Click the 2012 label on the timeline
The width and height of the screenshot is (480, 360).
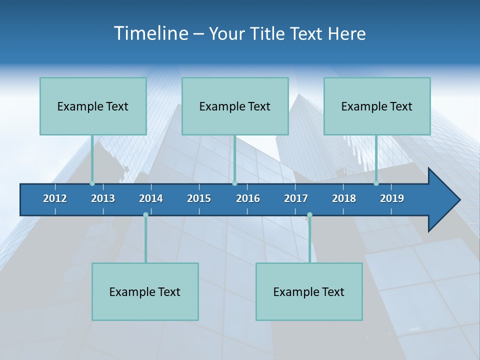click(x=55, y=198)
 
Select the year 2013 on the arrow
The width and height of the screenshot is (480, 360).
click(x=103, y=198)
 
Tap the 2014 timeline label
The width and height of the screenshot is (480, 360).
click(x=151, y=198)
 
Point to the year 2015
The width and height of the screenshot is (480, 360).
click(x=199, y=198)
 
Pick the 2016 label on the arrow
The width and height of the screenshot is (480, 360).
click(x=248, y=198)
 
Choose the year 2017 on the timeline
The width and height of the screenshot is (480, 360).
click(x=296, y=198)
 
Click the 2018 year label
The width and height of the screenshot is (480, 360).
click(x=344, y=198)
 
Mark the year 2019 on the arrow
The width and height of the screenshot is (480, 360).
click(x=392, y=198)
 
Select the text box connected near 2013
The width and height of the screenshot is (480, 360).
click(x=93, y=106)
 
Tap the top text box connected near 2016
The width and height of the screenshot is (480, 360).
click(x=235, y=106)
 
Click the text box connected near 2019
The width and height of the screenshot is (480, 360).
click(x=377, y=106)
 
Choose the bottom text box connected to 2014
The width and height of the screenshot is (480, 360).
click(x=145, y=291)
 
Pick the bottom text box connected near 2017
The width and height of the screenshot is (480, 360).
click(x=309, y=291)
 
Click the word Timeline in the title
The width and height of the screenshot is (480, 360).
click(x=150, y=33)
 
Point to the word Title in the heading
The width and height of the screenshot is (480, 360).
click(x=269, y=34)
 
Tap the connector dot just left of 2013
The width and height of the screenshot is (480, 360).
click(x=92, y=183)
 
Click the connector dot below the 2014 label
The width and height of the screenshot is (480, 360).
click(x=145, y=215)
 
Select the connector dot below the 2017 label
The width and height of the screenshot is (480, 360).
click(x=309, y=215)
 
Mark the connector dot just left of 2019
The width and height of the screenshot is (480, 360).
click(x=376, y=183)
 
